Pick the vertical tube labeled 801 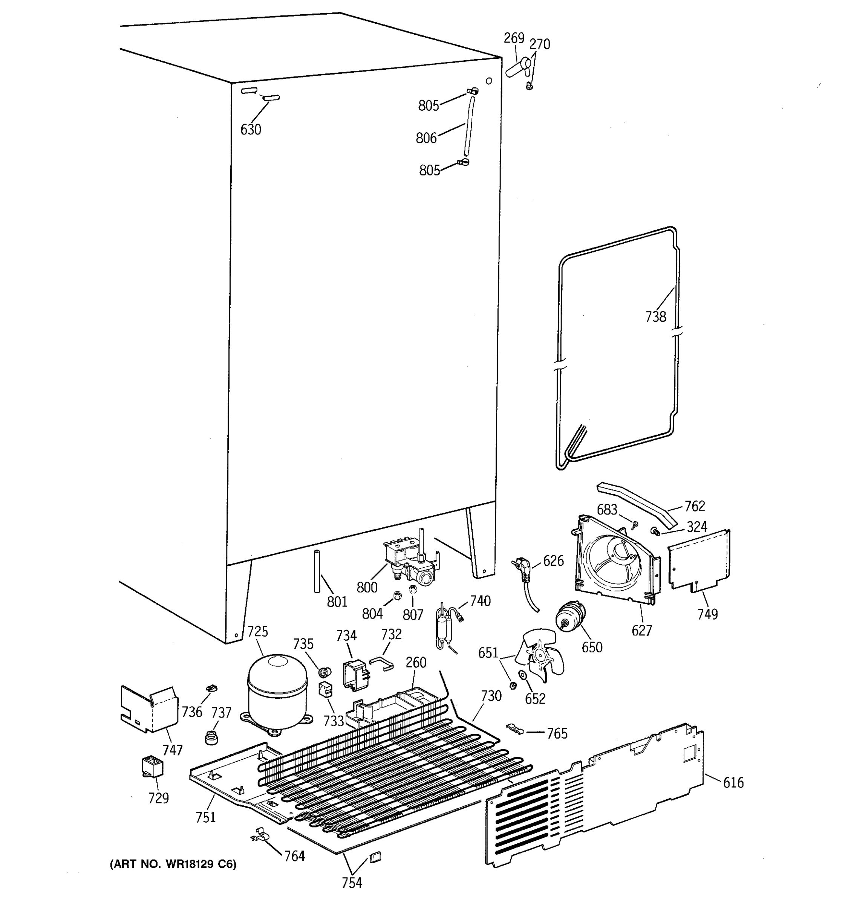[317, 571]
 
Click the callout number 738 [655, 317]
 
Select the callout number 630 [251, 130]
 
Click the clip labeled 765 [515, 728]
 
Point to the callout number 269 [514, 38]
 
